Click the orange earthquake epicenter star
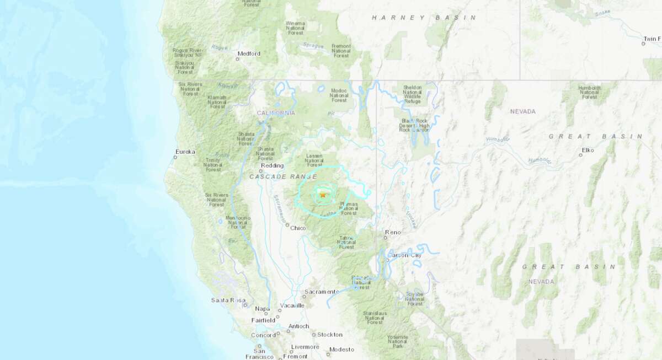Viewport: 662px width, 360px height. (323, 194)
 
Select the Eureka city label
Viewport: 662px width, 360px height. (185, 151)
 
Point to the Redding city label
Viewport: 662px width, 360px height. (273, 165)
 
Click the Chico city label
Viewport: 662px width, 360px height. (297, 228)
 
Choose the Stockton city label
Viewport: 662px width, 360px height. (330, 335)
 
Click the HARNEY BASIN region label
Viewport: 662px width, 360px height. (424, 18)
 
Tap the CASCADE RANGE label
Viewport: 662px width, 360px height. (283, 176)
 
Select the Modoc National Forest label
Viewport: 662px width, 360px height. (339, 95)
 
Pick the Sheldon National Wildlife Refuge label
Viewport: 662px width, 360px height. (412, 94)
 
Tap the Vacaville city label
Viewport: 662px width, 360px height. (292, 305)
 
